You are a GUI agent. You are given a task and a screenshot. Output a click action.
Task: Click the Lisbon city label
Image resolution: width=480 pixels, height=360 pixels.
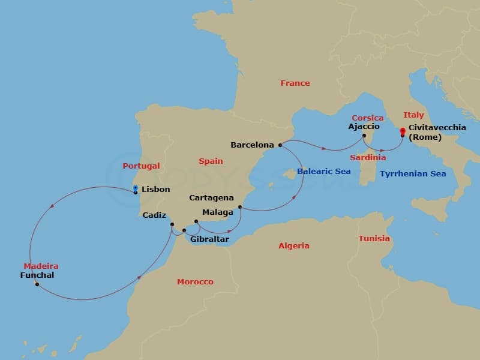[x=155, y=190]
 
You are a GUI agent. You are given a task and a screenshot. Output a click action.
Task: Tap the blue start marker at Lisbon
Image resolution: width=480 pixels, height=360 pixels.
[x=136, y=188]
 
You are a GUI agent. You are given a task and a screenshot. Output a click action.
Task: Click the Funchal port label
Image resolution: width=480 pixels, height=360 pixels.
[x=37, y=275]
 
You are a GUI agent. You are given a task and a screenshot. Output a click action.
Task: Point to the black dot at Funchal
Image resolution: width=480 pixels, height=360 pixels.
[x=37, y=284]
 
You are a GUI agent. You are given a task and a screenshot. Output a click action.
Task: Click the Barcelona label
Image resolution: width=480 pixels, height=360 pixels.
[x=252, y=145]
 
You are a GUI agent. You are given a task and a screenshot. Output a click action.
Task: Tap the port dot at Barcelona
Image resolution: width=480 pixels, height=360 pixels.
[x=280, y=145]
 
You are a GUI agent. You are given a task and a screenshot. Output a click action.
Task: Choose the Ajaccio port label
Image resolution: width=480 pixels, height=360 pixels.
[x=364, y=127]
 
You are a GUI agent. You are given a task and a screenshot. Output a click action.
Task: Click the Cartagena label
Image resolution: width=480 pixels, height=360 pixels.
[x=211, y=197]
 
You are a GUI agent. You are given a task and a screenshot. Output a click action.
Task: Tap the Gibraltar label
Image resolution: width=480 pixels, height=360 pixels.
[x=209, y=239]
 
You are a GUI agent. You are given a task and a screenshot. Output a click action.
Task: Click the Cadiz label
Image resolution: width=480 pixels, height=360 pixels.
[x=155, y=215]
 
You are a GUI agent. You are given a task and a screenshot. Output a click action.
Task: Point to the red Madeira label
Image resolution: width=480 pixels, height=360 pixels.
[x=41, y=266]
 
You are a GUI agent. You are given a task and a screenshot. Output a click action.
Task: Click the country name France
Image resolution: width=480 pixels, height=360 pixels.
[x=295, y=83]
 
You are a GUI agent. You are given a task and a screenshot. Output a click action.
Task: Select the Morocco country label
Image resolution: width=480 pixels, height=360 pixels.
[x=195, y=281]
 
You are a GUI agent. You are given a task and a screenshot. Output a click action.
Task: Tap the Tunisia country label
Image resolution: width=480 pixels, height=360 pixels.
[x=374, y=239]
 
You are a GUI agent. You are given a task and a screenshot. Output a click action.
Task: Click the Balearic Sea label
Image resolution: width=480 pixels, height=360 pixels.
[x=324, y=172]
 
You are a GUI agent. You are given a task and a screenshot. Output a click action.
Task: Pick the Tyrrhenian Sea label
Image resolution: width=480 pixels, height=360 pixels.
[x=412, y=174]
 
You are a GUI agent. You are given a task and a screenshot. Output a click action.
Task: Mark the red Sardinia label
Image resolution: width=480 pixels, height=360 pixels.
[x=368, y=158]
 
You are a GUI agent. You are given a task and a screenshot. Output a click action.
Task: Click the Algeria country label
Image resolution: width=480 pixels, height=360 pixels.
[x=294, y=245]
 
